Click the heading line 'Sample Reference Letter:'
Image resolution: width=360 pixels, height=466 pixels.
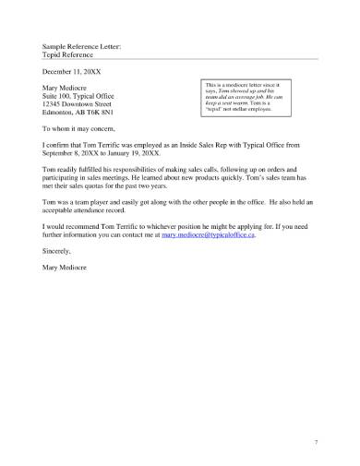pos(81,44)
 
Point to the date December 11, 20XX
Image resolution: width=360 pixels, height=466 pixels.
pos(75,70)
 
